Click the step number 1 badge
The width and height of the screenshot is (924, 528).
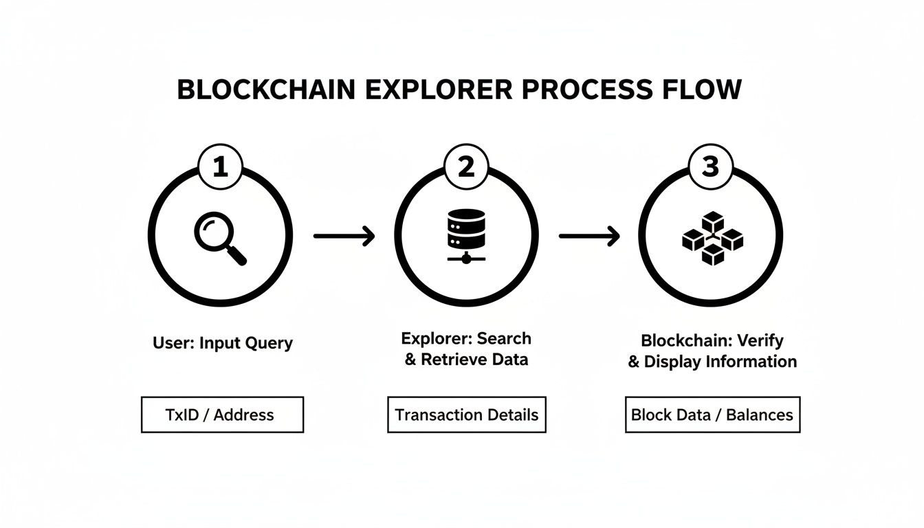pyautogui.click(x=220, y=167)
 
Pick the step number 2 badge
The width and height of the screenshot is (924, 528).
pyautogui.click(x=466, y=167)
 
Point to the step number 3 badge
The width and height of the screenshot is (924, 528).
pyautogui.click(x=710, y=167)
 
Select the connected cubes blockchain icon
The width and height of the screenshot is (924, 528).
pyautogui.click(x=712, y=238)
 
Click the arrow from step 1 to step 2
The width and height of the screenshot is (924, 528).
pyautogui.click(x=344, y=236)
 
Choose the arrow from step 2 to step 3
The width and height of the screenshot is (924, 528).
pyautogui.click(x=589, y=236)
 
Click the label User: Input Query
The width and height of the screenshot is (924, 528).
pyautogui.click(x=223, y=343)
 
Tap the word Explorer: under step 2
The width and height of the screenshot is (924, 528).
pyautogui.click(x=433, y=338)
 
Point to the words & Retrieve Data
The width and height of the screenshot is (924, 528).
pyautogui.click(x=466, y=360)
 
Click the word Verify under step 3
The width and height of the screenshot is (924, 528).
pyautogui.click(x=760, y=340)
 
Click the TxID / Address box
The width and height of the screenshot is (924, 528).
pyautogui.click(x=222, y=415)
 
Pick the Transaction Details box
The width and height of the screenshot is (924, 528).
pyautogui.click(x=466, y=415)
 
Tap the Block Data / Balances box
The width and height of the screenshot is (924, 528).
pyautogui.click(x=712, y=415)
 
